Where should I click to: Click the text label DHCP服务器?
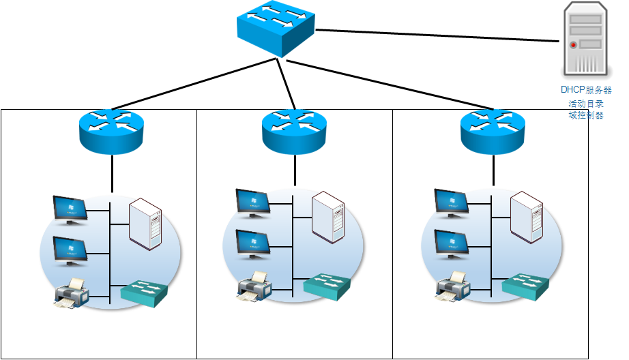pos(586,90)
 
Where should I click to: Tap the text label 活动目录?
pos(586,104)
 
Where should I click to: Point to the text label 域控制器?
pos(586,115)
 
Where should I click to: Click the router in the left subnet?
pos(111,128)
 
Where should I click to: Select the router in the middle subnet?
pos(295,128)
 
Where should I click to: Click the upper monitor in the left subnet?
pos(70,209)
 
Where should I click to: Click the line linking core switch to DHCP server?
pos(437,35)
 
